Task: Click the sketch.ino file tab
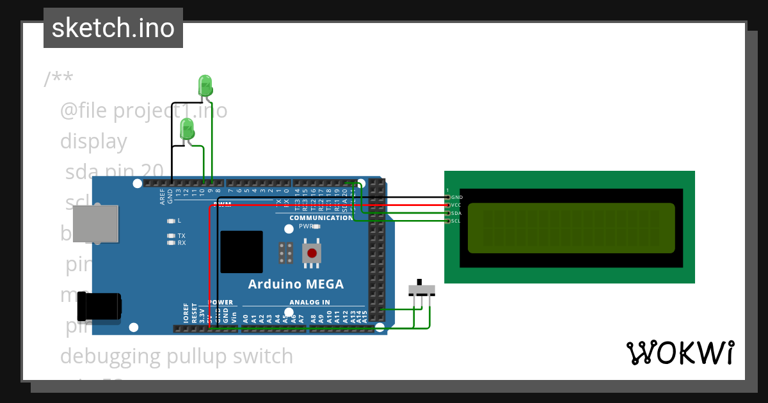[x=113, y=28]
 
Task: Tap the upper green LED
[x=205, y=85]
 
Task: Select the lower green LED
[x=187, y=129]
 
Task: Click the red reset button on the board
[x=312, y=253]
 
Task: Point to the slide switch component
[x=421, y=289]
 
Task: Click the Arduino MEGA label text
[x=296, y=284]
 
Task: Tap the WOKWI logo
[x=680, y=353]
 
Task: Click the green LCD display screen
[x=571, y=228]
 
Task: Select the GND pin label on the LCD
[x=456, y=197]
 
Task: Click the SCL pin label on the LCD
[x=456, y=221]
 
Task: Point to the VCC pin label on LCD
[x=456, y=205]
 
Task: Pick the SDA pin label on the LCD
[x=456, y=213]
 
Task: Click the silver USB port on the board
[x=95, y=224]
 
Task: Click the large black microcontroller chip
[x=241, y=251]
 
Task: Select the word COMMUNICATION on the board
[x=321, y=218]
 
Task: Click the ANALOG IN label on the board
[x=310, y=303]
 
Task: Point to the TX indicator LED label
[x=181, y=235]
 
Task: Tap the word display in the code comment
[x=93, y=141]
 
